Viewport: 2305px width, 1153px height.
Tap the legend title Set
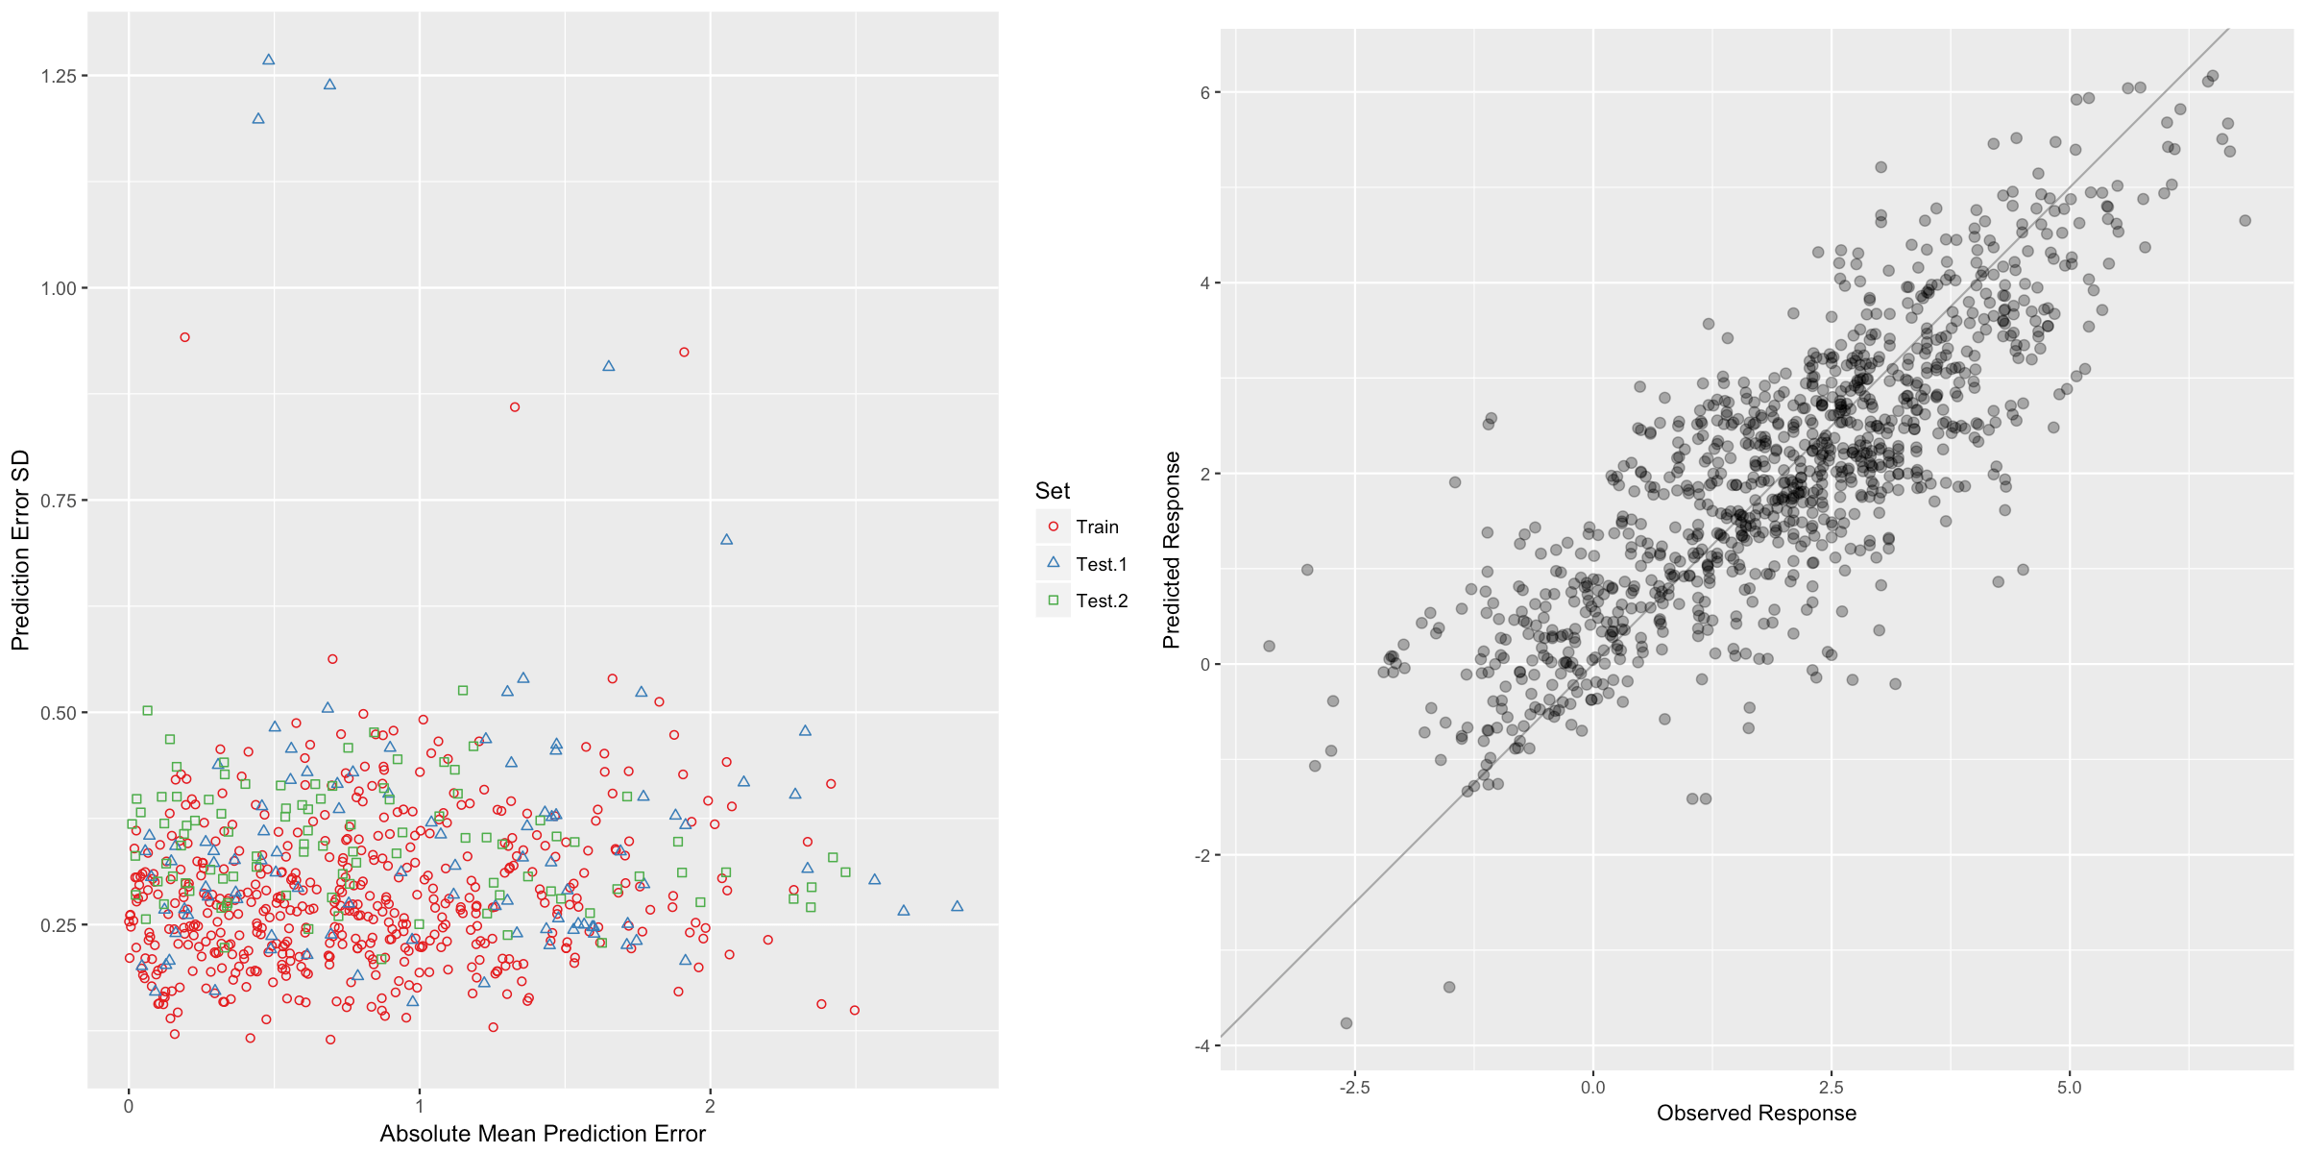pos(1053,491)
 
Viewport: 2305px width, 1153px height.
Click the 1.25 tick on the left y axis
pos(57,76)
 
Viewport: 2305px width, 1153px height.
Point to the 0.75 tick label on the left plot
pos(57,501)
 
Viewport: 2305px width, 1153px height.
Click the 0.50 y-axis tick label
pos(57,713)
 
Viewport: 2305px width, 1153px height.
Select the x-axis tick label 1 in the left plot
pos(420,1106)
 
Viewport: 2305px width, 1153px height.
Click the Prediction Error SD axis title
pos(21,551)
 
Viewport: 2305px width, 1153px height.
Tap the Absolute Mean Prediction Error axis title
pos(543,1134)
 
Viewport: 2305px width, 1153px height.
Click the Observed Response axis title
pos(1757,1113)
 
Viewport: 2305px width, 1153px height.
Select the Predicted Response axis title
pos(1172,551)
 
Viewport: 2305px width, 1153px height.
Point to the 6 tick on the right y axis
pos(1204,93)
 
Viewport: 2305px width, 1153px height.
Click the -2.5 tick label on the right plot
pos(1354,1088)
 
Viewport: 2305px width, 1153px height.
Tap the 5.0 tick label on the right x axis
pos(2069,1088)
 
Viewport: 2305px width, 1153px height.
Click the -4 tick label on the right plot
pos(1201,1046)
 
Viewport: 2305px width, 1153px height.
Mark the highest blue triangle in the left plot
pos(269,60)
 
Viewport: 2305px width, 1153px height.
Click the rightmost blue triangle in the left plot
pos(957,906)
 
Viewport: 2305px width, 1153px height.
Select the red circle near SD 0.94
pos(185,337)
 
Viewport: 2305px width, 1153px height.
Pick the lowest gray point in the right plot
pos(1347,1023)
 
